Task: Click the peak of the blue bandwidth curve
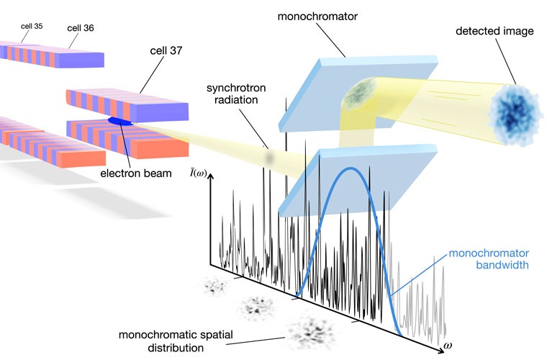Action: (350, 168)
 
